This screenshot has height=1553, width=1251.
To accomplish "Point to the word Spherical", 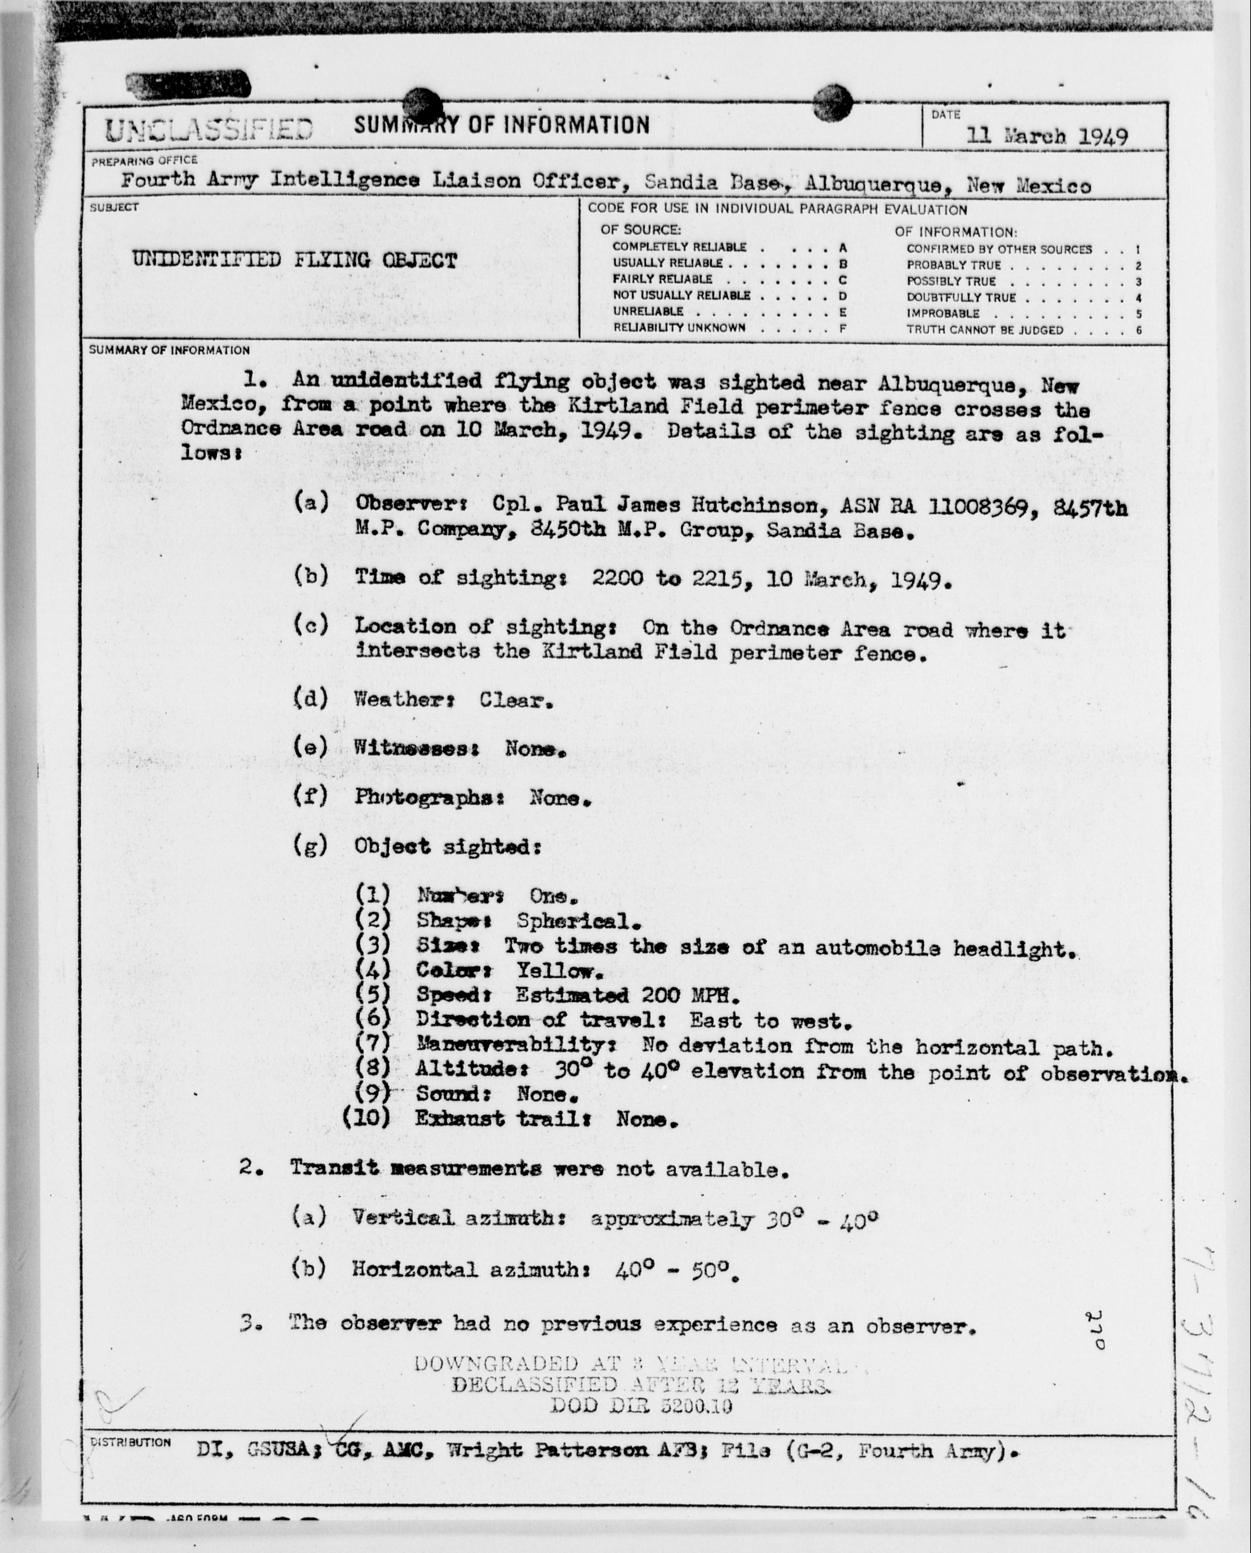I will tap(578, 921).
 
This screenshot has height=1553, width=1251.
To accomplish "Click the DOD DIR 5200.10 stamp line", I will tap(641, 1405).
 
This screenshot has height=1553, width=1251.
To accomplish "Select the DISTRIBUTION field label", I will tap(130, 1443).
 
